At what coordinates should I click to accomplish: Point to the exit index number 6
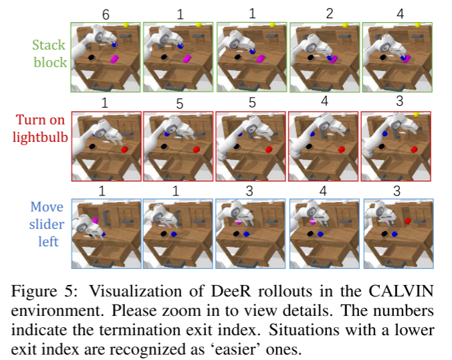[105, 14]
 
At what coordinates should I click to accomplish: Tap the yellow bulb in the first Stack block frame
[126, 25]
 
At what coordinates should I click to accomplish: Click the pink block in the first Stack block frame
[114, 60]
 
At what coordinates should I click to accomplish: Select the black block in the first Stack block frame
[90, 58]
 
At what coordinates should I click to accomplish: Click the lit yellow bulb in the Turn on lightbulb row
[416, 115]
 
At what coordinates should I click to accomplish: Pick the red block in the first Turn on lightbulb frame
[124, 149]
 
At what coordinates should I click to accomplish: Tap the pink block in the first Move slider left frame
[96, 219]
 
